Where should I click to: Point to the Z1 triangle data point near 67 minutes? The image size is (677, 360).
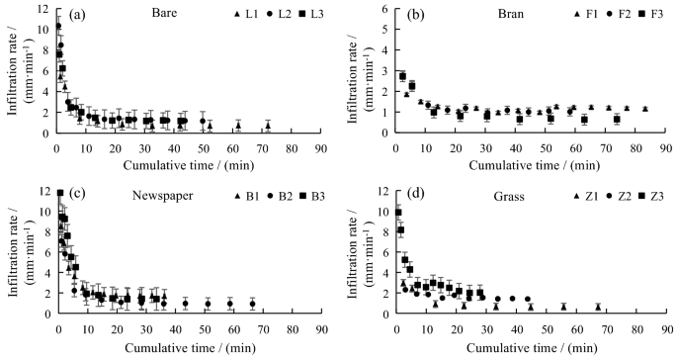pyautogui.click(x=597, y=307)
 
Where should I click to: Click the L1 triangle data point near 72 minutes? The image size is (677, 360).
pyautogui.click(x=268, y=125)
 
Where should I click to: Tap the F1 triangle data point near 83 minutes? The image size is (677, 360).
pyautogui.click(x=644, y=109)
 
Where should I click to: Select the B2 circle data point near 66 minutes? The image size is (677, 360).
pyautogui.click(x=253, y=304)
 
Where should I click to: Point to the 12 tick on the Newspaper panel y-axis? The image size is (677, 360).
pyautogui.click(x=46, y=193)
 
